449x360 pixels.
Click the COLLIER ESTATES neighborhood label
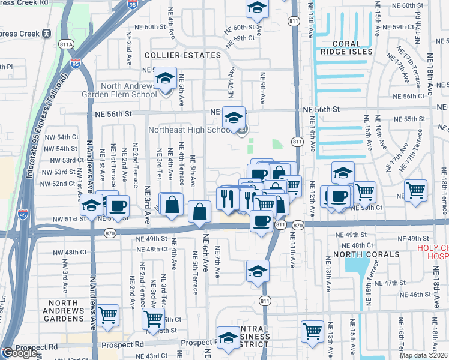182,55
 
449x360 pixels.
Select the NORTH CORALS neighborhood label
366,254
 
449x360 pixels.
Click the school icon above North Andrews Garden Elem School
164,79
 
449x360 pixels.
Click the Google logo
20,353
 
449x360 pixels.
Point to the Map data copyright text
423,355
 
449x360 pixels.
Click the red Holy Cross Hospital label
430,251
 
